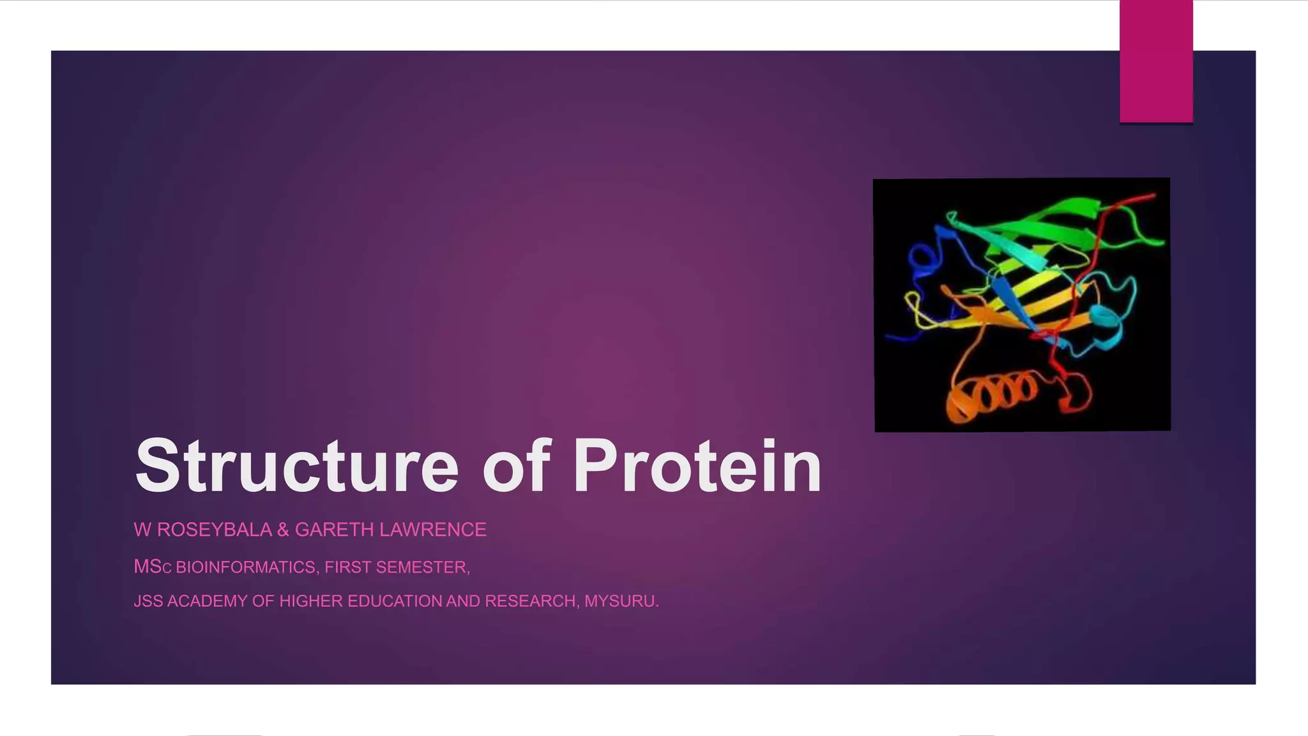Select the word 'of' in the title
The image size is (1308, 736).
[516, 466]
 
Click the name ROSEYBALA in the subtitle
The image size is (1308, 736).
[215, 530]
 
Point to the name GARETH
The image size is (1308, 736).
[334, 530]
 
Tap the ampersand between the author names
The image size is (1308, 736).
[283, 530]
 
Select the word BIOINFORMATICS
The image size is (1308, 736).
[245, 567]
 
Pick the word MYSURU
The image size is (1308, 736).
[621, 601]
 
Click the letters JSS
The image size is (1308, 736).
[148, 601]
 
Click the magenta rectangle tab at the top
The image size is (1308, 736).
[1156, 61]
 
